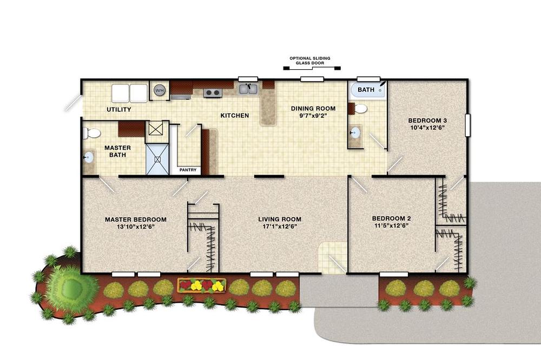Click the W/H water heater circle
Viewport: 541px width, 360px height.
pos(160,90)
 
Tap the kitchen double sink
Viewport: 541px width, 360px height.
pos(248,89)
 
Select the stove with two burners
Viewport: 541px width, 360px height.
pos(212,92)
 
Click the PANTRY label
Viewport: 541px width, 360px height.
pos(188,170)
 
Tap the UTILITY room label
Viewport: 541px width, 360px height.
pos(118,110)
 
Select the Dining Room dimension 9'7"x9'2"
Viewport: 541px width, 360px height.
pos(313,116)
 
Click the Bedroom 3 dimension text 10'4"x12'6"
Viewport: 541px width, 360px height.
pos(427,128)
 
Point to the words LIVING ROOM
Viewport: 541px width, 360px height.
pos(280,219)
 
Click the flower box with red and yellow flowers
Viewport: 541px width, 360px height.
pos(202,285)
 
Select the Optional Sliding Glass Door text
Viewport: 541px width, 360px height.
pos(310,61)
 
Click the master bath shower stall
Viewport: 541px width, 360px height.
pos(157,159)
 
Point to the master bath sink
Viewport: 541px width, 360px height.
pos(88,158)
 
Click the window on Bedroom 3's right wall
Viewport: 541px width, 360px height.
pos(467,125)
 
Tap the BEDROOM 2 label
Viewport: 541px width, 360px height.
pos(391,218)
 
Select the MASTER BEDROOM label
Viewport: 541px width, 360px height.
pos(136,219)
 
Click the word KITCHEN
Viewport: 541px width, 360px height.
pos(235,116)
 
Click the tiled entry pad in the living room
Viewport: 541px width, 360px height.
pos(332,258)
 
